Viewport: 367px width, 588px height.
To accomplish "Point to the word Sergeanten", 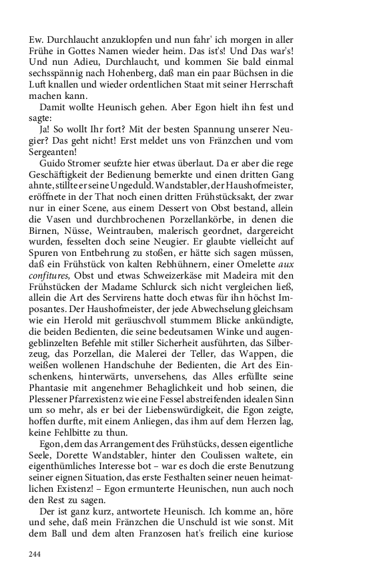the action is pos(55,151).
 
